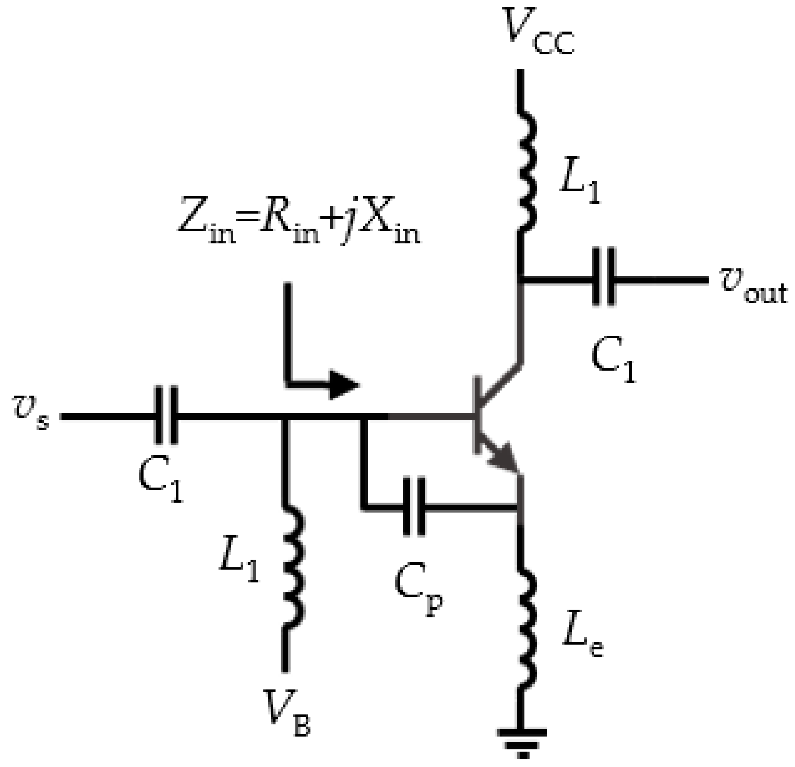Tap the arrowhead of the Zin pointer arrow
click(x=344, y=385)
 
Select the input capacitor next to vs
click(x=167, y=415)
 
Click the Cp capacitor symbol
click(x=413, y=507)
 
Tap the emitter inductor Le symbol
click(x=527, y=629)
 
